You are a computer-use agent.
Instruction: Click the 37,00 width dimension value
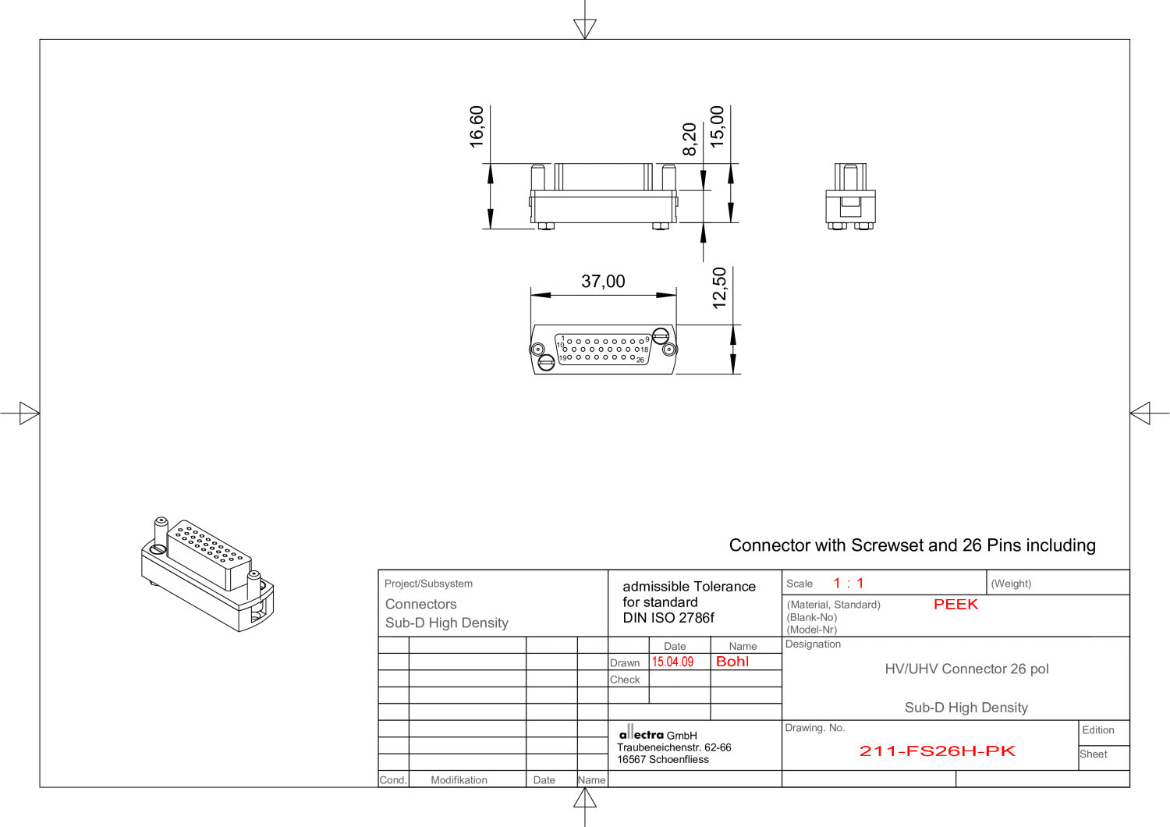tap(603, 281)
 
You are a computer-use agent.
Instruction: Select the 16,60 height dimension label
tap(477, 126)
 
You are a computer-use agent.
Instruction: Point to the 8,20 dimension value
tap(690, 139)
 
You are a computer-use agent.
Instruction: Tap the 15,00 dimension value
tap(717, 126)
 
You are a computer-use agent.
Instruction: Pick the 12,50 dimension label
tap(719, 288)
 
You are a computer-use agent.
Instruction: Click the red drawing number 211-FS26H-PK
tap(937, 751)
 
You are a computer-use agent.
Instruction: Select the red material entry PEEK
tap(955, 605)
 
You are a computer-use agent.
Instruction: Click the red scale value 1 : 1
tap(848, 584)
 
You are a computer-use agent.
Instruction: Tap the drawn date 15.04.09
tap(672, 662)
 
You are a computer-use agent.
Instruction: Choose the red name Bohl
tap(732, 662)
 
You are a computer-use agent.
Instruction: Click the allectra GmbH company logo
tap(641, 734)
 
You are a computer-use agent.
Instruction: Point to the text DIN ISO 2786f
tap(668, 618)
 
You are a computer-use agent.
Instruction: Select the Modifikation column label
tap(459, 780)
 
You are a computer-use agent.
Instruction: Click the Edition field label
tap(1097, 730)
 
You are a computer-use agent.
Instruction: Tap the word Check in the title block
tap(625, 680)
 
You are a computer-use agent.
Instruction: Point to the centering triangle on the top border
tap(584, 29)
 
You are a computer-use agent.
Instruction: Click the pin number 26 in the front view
tap(640, 360)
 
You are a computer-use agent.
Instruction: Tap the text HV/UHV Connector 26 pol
tap(966, 669)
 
